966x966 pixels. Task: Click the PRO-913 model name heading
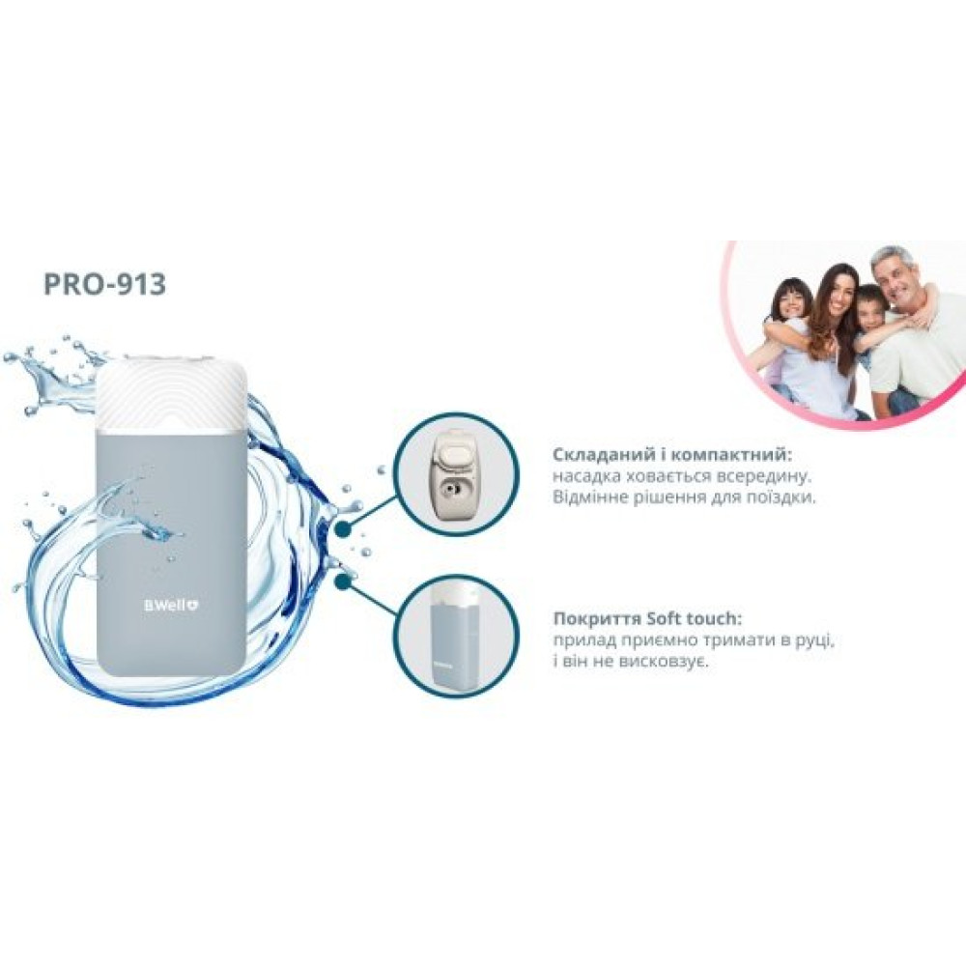pos(104,284)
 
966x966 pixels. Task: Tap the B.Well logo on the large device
pos(171,606)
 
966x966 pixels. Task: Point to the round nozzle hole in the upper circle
pos(450,491)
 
